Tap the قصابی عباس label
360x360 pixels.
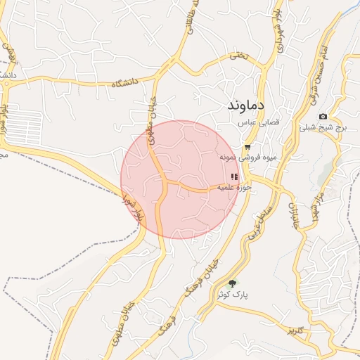pyautogui.click(x=261, y=122)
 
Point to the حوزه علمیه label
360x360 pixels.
pyautogui.click(x=234, y=188)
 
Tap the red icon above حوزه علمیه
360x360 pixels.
pyautogui.click(x=234, y=176)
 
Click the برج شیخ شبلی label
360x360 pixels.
pyautogui.click(x=324, y=128)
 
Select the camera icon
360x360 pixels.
pyautogui.click(x=323, y=116)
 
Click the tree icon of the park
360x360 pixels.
pyautogui.click(x=233, y=284)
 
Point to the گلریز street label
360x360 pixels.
pyautogui.click(x=295, y=330)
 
